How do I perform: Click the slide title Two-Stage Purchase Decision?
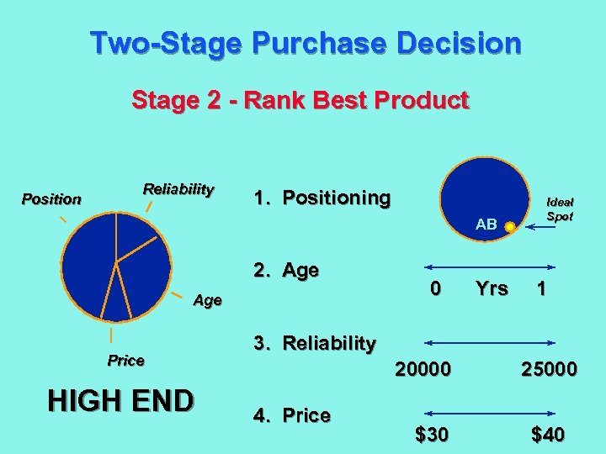point(306,43)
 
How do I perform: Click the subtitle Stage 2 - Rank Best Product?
point(300,101)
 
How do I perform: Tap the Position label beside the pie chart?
point(51,199)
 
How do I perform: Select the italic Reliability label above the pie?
point(178,188)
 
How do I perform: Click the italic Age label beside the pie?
point(207,300)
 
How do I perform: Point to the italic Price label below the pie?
point(125,361)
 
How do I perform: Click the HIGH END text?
point(120,401)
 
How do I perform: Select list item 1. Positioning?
point(322,198)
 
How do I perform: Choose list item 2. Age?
point(286,271)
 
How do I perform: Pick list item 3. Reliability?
point(315,343)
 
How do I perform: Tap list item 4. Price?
point(292,415)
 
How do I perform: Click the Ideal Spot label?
point(560,209)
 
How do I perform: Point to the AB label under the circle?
point(486,224)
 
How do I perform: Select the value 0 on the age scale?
point(435,288)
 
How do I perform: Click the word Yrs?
point(492,288)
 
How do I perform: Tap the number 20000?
point(423,369)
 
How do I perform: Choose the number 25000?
point(548,369)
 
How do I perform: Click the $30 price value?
point(432,435)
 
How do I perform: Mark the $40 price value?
point(548,435)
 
